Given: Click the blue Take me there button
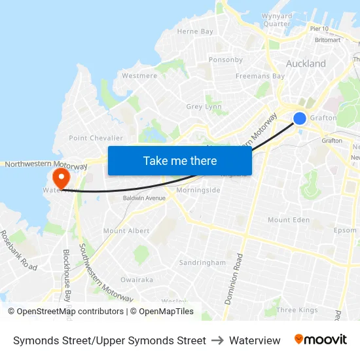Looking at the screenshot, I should pos(180,160).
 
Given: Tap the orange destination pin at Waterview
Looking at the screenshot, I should pos(61,177).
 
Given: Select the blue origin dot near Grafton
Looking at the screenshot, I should pos(300,118).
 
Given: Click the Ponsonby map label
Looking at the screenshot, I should pos(226,60).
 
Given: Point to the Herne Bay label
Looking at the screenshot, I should pos(195,31).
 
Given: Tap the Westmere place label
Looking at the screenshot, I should pos(139,76).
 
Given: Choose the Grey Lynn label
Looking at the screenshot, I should pos(204,107).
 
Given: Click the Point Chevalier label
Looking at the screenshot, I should pos(96,138).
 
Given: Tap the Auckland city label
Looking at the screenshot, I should pos(306,64).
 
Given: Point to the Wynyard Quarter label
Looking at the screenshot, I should pos(276,20).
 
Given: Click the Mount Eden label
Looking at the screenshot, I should pos(289,220).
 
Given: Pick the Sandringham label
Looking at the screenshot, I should pos(202,262).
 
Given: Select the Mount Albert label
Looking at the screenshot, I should pos(126,231).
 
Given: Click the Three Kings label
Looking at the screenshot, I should pos(296,310).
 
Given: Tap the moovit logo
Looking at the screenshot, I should pos(321,340).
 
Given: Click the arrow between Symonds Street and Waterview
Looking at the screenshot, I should pos(217,340).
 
